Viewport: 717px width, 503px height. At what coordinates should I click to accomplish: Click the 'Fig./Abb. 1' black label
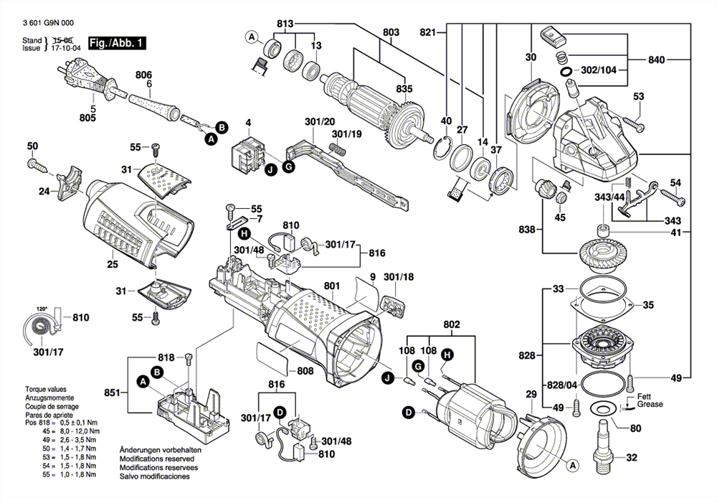116,43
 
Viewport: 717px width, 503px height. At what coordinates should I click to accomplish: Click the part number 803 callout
391,32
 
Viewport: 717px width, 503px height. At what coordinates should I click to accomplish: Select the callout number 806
144,74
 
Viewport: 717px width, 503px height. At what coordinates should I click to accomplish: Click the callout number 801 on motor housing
331,286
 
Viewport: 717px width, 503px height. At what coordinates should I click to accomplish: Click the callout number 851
111,392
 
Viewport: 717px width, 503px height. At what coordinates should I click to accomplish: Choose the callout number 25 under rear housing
112,265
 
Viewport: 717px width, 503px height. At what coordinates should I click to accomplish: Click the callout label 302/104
599,71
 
